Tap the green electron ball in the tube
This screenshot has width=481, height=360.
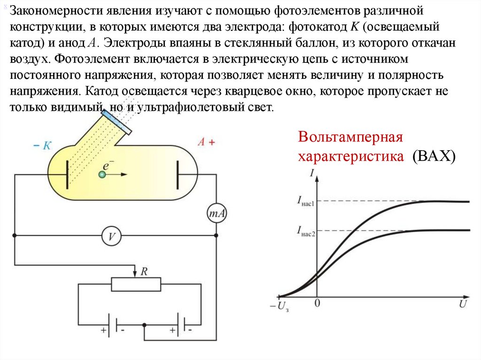tap(102, 175)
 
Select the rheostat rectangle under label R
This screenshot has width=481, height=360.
tap(136, 284)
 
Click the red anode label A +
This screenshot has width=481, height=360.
tap(206, 142)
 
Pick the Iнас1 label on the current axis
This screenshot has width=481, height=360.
tap(305, 202)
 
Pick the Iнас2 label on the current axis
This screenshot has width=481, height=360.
tap(305, 230)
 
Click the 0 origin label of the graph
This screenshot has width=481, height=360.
tap(317, 304)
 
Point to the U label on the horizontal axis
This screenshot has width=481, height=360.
tap(463, 305)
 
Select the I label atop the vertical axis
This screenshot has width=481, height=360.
tap(312, 173)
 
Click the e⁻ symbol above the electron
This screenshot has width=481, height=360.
tap(108, 165)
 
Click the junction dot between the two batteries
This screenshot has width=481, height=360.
tap(145, 324)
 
